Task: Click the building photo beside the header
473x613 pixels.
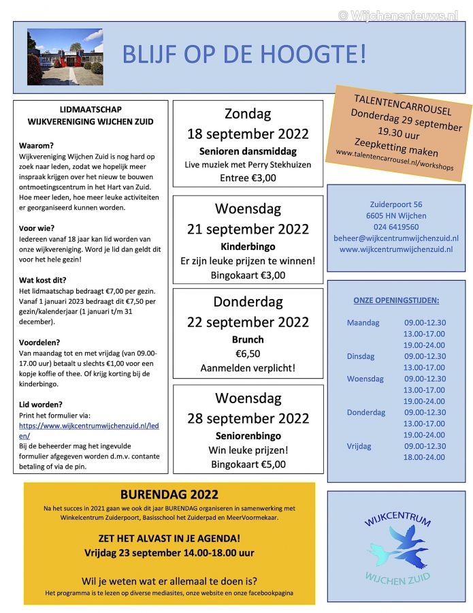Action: tap(65, 56)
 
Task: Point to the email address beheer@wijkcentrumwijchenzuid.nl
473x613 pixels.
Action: tap(395, 238)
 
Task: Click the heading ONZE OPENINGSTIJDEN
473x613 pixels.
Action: tap(395, 300)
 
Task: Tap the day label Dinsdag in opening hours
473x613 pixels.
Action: tap(361, 356)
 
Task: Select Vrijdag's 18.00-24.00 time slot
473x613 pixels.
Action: tap(424, 457)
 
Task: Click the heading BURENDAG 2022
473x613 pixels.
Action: tap(169, 494)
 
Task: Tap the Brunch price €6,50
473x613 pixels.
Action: tap(248, 353)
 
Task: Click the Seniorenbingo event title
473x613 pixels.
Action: tap(248, 435)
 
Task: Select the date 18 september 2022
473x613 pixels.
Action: tap(248, 133)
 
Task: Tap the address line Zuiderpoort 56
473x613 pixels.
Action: tap(395, 204)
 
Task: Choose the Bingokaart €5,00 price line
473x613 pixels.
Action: tap(248, 465)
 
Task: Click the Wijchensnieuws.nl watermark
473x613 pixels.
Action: tap(398, 14)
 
